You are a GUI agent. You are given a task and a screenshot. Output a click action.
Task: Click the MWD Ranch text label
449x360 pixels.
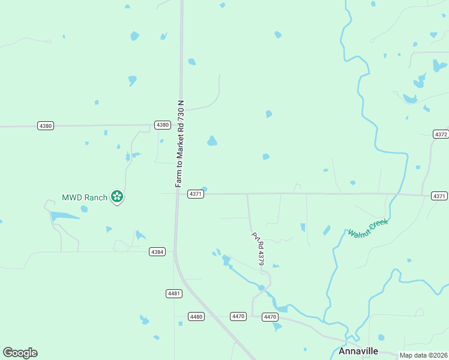(85, 197)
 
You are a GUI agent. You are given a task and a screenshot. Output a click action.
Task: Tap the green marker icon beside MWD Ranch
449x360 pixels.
(118, 196)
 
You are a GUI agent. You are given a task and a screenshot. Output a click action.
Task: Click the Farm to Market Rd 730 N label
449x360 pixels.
(179, 144)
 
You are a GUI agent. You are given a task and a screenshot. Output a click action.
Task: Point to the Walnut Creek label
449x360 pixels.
(368, 227)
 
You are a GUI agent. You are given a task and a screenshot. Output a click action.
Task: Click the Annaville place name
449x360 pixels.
(358, 351)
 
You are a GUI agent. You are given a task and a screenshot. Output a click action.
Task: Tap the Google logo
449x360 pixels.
(20, 353)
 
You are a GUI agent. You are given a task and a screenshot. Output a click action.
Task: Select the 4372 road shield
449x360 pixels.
(440, 134)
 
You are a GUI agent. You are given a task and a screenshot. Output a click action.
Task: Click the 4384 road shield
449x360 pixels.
(157, 252)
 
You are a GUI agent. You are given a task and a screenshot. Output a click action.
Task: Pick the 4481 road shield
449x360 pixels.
(174, 293)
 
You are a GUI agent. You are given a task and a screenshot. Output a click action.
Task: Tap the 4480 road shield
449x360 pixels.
(196, 316)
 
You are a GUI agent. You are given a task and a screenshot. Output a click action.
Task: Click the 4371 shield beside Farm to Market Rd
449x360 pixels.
(195, 194)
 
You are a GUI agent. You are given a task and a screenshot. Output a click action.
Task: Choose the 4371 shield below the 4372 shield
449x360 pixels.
(439, 196)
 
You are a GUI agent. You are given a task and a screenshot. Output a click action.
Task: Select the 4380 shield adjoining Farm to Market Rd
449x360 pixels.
(162, 125)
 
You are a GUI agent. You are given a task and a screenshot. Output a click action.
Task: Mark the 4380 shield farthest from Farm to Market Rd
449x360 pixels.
(46, 126)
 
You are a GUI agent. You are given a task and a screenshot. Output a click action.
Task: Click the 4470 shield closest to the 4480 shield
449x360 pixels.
(238, 316)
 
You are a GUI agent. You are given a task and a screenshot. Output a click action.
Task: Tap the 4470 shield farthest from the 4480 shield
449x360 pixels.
(270, 316)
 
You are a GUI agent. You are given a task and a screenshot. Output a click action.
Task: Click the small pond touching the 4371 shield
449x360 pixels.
(205, 190)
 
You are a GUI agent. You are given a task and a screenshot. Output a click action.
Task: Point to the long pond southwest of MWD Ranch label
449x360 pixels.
(63, 215)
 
